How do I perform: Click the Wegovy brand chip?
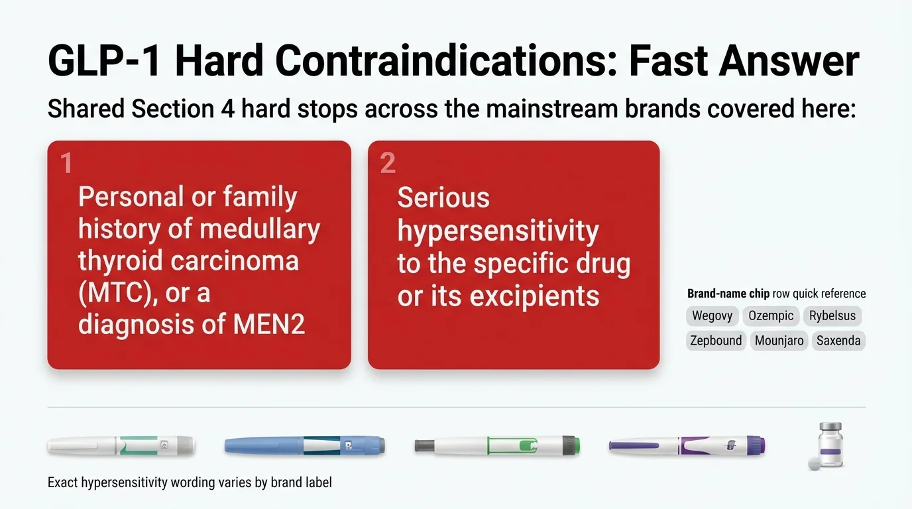pyautogui.click(x=712, y=316)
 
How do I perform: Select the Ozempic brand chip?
pyautogui.click(x=771, y=316)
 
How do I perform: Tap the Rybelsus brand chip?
pyautogui.click(x=832, y=316)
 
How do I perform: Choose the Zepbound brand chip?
pyautogui.click(x=716, y=341)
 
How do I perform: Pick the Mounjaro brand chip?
pyautogui.click(x=779, y=341)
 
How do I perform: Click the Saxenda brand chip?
pyautogui.click(x=838, y=341)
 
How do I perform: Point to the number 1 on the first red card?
pyautogui.click(x=66, y=163)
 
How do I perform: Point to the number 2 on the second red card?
pyautogui.click(x=388, y=163)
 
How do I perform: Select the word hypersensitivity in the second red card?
pyautogui.click(x=498, y=232)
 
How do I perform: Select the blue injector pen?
pyautogui.click(x=304, y=445)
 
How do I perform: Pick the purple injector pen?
pyautogui.click(x=687, y=445)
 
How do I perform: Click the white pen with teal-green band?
pyautogui.click(x=121, y=445)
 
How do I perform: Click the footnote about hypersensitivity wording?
pyautogui.click(x=190, y=482)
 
